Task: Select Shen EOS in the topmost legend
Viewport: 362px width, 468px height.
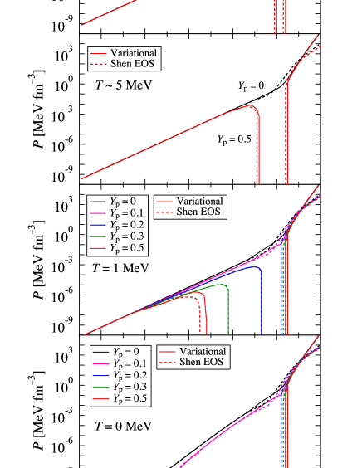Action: coord(132,64)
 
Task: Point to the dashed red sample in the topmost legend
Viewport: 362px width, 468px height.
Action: coord(99,64)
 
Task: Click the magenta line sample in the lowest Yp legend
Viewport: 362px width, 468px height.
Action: coord(100,363)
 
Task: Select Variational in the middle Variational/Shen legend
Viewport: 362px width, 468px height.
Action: coord(199,202)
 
